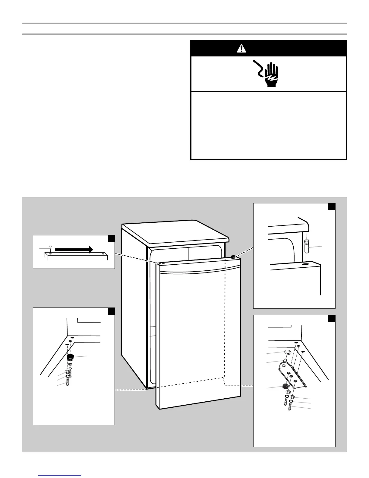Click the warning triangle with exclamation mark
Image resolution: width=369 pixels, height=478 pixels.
pyautogui.click(x=241, y=48)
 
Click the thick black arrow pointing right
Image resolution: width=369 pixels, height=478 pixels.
pyautogui.click(x=74, y=249)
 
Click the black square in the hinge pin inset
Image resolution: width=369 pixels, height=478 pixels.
pyautogui.click(x=332, y=207)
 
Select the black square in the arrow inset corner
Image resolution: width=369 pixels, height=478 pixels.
pyautogui.click(x=111, y=238)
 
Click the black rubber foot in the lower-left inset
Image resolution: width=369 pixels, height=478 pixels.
pyautogui.click(x=70, y=358)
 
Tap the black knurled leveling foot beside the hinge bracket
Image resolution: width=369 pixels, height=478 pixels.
pyautogui.click(x=284, y=386)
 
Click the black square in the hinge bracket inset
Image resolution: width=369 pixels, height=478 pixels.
pyautogui.click(x=332, y=319)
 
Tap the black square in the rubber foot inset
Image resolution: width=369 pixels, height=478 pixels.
pyautogui.click(x=111, y=311)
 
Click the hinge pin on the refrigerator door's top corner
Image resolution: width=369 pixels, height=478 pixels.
pyautogui.click(x=233, y=257)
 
